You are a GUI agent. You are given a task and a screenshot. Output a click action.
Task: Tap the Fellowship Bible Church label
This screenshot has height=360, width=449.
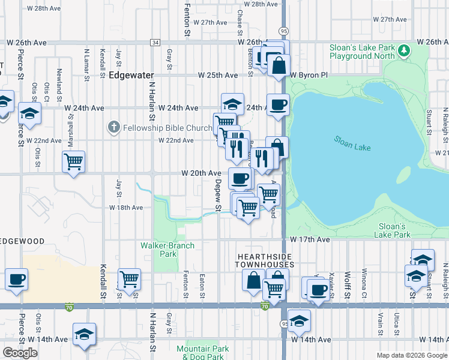pos(168,128)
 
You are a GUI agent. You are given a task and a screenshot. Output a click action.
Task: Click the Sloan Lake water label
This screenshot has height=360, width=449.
pos(352,143)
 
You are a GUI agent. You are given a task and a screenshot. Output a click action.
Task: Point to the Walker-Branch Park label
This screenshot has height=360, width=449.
pos(159,249)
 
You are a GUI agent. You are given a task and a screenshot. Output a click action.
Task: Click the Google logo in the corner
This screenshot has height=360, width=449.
pos(20,353)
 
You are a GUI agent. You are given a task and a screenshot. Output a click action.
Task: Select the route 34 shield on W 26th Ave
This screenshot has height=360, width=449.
pos(155,43)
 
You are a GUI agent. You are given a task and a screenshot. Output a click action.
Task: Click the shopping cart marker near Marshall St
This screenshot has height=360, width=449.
pos(74,161)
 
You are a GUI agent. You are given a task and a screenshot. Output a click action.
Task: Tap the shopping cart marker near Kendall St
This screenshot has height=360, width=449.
pos(130,279)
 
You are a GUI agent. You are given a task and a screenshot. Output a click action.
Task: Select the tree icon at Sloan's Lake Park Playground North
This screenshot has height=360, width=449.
pos(405,49)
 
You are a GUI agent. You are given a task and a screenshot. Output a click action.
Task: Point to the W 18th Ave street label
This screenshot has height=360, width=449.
pos(126,208)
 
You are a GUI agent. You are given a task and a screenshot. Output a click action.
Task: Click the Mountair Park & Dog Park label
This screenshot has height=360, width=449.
pos(203,352)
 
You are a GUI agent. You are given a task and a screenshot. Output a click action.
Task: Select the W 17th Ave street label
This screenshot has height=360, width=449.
pos(310,239)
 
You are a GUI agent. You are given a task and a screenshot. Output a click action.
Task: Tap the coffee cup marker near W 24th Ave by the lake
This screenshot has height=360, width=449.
pos(278,104)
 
